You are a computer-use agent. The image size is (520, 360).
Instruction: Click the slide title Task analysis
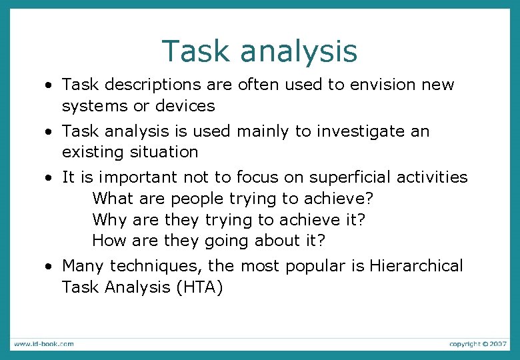click(x=259, y=51)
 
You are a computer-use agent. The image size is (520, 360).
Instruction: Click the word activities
click(x=432, y=178)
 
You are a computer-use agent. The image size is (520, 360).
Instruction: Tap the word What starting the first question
click(x=113, y=199)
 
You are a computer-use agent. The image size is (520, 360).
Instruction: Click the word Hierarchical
click(x=416, y=266)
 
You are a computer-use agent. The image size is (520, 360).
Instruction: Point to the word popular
click(x=316, y=266)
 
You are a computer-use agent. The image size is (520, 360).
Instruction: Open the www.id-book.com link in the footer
click(x=44, y=344)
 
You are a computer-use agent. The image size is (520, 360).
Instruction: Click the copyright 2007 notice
click(x=477, y=344)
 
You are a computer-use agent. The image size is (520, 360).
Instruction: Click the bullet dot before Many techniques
click(x=49, y=267)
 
